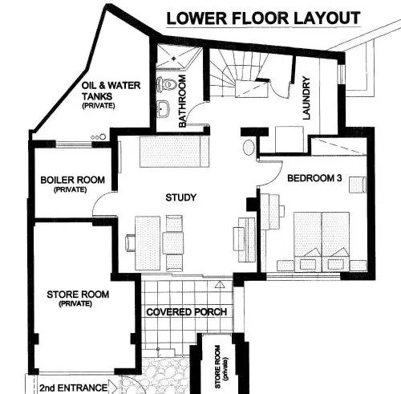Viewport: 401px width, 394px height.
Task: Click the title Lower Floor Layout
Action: (263, 18)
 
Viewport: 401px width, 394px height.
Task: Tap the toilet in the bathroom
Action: (166, 83)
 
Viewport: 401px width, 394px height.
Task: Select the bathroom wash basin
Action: (164, 108)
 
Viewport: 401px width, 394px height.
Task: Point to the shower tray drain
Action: (174, 58)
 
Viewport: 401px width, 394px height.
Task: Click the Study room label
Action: (181, 197)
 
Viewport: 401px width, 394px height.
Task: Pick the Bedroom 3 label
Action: (314, 178)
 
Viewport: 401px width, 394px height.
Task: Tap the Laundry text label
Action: (306, 98)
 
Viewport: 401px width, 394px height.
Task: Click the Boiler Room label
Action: (72, 180)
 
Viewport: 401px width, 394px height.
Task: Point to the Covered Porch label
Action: (187, 312)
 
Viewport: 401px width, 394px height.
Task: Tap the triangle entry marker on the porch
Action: (220, 284)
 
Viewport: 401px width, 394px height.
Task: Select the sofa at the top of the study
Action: (174, 152)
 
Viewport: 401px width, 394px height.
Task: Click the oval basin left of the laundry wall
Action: (249, 147)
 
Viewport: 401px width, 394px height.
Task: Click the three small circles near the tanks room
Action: (99, 137)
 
